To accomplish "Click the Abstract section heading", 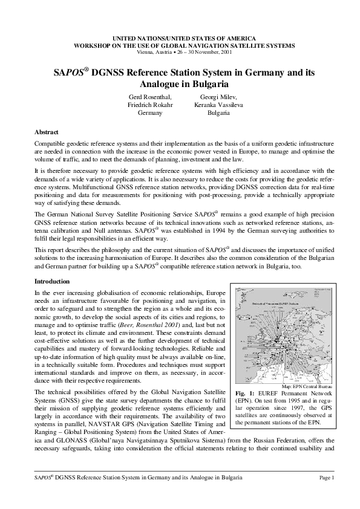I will pos(46,131).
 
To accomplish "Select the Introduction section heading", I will pos(51,281).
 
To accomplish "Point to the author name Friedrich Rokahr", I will pos(149,105).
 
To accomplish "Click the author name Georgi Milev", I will pos(218,96).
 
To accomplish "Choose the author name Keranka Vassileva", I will pos(218,105).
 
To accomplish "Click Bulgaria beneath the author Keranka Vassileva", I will pos(218,113).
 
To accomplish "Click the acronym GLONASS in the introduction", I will pos(69,458).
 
